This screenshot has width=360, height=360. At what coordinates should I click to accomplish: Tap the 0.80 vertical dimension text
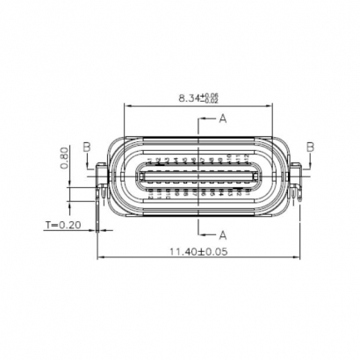tap(65, 158)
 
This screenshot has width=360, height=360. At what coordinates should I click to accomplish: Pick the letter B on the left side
tap(86, 146)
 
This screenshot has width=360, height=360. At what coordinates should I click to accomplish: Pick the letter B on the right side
tap(310, 146)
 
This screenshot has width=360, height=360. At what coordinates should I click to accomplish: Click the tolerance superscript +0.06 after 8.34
tap(210, 94)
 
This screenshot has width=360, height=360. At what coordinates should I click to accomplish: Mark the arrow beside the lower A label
tap(209, 233)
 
